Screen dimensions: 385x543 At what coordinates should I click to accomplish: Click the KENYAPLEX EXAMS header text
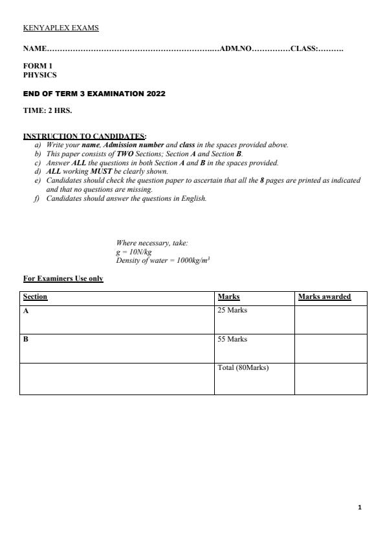[x=61, y=28]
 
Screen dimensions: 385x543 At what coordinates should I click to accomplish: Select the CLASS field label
[x=303, y=49]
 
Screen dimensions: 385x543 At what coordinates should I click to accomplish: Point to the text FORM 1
[x=38, y=66]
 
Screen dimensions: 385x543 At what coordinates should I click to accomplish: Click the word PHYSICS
[x=39, y=75]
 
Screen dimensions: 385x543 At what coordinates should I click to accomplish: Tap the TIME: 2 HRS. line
[x=47, y=110]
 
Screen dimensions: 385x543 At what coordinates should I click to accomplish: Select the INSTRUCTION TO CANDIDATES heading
[x=84, y=136]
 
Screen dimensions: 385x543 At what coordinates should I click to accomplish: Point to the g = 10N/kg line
[x=133, y=252]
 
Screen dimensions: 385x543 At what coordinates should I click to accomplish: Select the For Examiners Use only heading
[x=63, y=278]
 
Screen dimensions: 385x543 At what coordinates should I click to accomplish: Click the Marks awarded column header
[x=324, y=297]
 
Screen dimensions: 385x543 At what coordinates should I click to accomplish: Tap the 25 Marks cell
[x=232, y=311]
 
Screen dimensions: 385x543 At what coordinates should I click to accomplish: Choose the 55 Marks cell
[x=232, y=339]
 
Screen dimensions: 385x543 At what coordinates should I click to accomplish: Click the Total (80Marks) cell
[x=243, y=368]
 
